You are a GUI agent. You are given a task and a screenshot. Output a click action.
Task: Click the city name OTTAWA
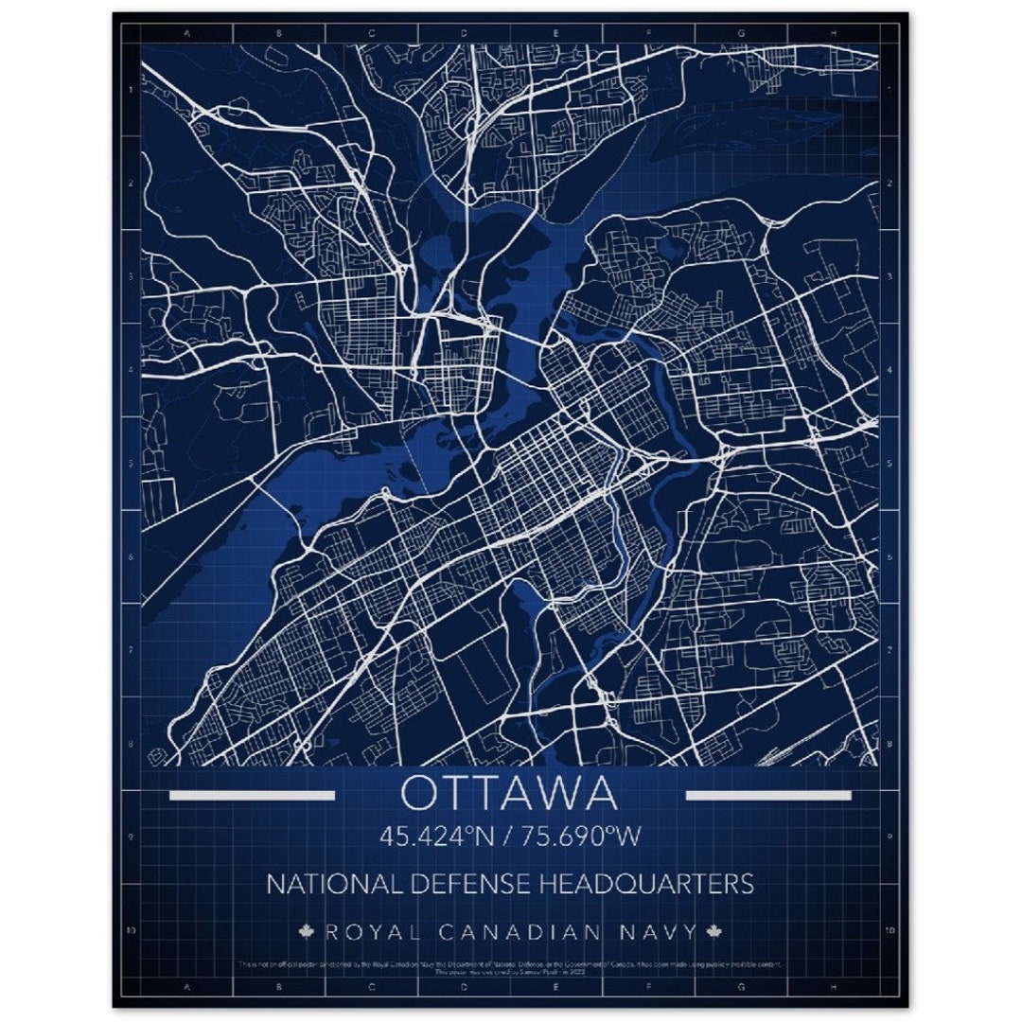tap(509, 794)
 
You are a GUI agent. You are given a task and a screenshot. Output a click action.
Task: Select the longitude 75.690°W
tap(582, 837)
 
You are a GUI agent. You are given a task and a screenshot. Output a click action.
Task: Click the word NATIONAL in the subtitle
tap(325, 884)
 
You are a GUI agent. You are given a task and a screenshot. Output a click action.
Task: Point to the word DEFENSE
tap(460, 884)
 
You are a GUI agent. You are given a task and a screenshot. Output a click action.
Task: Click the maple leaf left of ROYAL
tap(307, 932)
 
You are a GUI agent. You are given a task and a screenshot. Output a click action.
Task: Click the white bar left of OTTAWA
tap(252, 795)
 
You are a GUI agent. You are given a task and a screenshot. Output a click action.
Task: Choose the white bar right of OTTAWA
tap(767, 795)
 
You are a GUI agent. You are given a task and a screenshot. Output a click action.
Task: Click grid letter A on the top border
tap(186, 32)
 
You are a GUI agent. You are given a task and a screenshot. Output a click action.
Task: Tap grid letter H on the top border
tap(833, 32)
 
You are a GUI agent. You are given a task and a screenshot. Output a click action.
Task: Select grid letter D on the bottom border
tap(464, 988)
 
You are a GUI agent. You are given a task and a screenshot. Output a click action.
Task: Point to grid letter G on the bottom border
tap(741, 988)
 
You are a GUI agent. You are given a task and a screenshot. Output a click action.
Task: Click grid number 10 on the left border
tap(131, 930)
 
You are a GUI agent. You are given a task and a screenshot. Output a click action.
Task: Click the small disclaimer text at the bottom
tap(510, 967)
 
